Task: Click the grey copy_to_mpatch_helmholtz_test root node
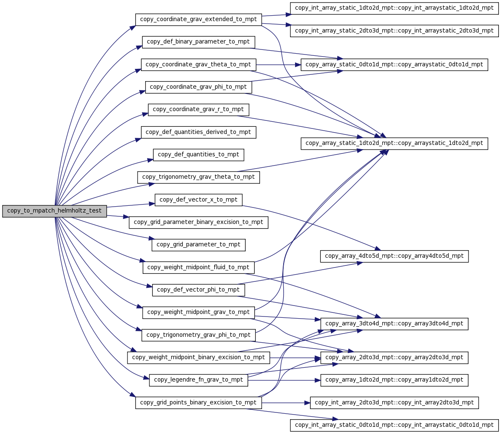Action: [x=54, y=211]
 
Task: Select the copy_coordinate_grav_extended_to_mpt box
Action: [x=198, y=19]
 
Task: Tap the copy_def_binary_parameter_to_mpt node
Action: [x=198, y=42]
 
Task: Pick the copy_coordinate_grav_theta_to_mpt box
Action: [x=198, y=65]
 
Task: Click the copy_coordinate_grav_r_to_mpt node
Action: [x=198, y=110]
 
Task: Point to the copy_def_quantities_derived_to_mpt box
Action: [x=198, y=132]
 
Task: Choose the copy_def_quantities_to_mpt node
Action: [x=198, y=155]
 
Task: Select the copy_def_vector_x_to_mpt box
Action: [x=198, y=200]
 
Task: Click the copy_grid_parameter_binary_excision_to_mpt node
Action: [x=198, y=222]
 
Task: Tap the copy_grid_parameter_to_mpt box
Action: [x=198, y=245]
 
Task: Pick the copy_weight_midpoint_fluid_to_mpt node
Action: [x=198, y=267]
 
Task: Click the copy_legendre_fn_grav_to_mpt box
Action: [x=198, y=380]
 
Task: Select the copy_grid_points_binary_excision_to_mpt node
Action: [x=198, y=403]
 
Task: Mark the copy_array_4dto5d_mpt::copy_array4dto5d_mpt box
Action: [x=394, y=256]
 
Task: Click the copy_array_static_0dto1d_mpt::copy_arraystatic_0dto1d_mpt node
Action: [x=394, y=65]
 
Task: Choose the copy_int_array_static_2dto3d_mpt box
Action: [x=394, y=31]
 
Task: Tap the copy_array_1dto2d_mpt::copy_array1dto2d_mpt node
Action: [x=394, y=380]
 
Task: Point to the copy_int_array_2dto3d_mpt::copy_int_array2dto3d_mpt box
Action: [x=394, y=403]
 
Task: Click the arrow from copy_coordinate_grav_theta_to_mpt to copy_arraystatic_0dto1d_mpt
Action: [x=278, y=65]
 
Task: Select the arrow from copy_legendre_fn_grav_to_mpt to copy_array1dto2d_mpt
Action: [x=284, y=380]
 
